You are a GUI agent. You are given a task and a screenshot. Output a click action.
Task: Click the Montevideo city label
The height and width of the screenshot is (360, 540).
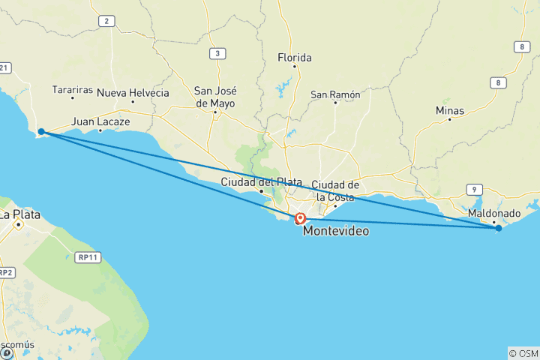tap(335, 232)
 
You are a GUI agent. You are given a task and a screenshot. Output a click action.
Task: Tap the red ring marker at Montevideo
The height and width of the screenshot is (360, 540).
tap(300, 219)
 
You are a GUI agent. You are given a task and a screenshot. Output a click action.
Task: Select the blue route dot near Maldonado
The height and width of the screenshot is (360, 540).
tap(498, 228)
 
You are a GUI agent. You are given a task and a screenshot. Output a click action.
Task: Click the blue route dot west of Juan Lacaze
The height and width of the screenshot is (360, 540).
tap(41, 132)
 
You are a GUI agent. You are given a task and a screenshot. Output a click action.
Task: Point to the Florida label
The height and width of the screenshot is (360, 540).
tap(294, 58)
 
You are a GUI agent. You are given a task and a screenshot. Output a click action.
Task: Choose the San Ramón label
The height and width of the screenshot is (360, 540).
tap(335, 95)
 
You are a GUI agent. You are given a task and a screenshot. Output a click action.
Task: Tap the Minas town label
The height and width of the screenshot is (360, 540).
tap(450, 111)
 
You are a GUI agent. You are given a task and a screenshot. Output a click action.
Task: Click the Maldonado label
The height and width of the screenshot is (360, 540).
tap(493, 214)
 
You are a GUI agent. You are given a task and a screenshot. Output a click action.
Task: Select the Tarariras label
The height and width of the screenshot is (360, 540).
tap(73, 90)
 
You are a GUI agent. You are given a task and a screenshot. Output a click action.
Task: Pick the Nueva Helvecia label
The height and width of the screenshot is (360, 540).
tap(133, 93)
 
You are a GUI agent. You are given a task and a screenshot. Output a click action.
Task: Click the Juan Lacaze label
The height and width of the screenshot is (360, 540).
tap(100, 121)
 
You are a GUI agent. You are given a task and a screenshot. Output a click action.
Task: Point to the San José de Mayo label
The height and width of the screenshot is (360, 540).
tap(214, 97)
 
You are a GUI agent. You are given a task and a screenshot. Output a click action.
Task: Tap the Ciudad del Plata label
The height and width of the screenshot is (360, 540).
tap(262, 182)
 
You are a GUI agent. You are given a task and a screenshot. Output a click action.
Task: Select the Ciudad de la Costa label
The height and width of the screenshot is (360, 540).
tap(335, 190)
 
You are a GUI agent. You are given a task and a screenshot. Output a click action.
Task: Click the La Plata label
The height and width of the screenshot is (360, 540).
tap(19, 214)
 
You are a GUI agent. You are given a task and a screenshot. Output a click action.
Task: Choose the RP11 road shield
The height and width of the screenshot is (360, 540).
tap(88, 257)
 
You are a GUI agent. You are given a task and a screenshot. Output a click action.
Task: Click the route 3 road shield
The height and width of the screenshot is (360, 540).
tap(217, 53)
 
